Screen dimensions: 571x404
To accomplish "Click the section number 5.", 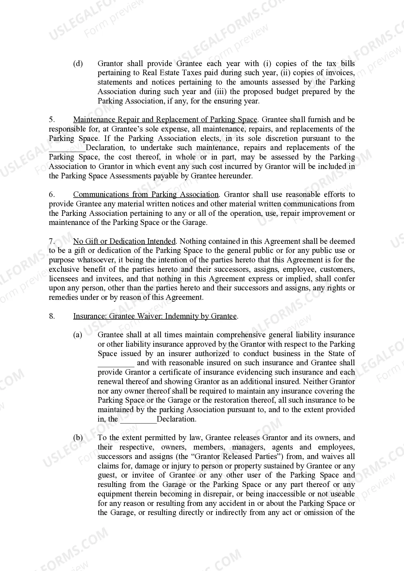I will [51, 120].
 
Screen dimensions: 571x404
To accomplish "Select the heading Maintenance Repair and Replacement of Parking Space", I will [165, 120].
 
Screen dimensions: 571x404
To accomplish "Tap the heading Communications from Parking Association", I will [146, 195].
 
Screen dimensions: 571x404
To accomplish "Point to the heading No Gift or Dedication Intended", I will [124, 241].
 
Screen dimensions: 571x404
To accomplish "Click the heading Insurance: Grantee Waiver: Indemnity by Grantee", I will [155, 316].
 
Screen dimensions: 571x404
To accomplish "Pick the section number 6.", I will [51, 195].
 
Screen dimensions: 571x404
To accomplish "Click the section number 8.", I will [51, 316].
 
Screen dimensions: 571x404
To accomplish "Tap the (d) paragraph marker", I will [78, 64].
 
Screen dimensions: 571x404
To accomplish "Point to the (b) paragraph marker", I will [78, 438].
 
